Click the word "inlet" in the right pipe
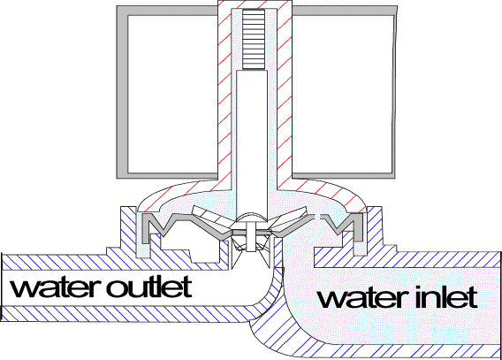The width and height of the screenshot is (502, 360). point(445,297)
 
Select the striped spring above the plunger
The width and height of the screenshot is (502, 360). point(252,39)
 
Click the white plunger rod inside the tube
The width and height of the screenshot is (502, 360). point(252,133)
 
